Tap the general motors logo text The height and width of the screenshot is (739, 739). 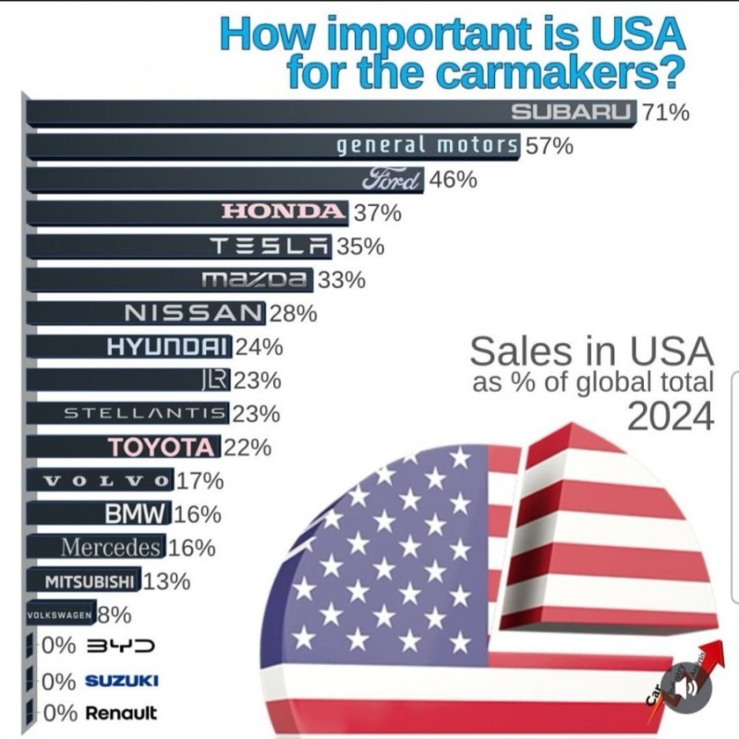coord(426,146)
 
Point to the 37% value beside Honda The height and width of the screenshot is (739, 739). coord(377,213)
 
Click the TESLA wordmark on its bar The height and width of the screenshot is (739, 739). coord(270,247)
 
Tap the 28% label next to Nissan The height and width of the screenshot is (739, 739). coord(293,314)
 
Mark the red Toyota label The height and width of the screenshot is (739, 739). coord(162,448)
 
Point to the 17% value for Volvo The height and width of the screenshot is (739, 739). coord(200,480)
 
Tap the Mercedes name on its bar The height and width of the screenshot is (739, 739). coord(111,547)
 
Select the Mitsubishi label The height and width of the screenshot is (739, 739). coord(91,581)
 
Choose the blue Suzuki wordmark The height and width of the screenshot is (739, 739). coord(121,681)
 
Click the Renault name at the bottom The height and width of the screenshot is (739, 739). coord(121,713)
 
